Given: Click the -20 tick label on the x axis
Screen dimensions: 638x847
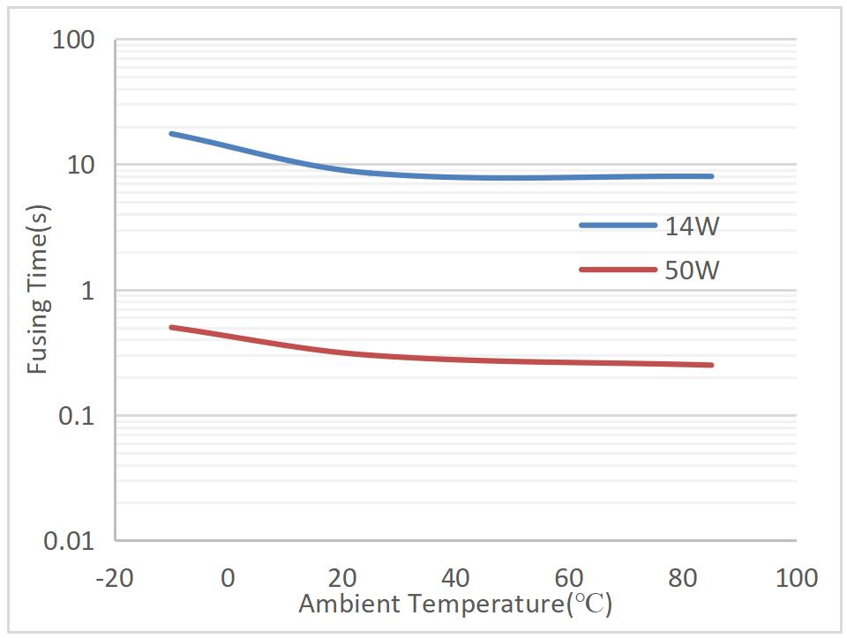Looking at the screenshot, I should pos(115,578).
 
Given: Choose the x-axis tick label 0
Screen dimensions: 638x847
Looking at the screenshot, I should pos(229,578).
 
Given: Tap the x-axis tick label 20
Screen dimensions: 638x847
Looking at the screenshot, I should pos(342,578).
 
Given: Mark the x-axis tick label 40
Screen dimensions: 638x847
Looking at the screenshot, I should pos(456,578).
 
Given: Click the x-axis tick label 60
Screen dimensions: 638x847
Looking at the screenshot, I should pos(570,578).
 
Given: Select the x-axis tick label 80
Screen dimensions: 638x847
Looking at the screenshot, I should pos(684,578).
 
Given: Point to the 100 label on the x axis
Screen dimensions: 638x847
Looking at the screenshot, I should pos(797,578).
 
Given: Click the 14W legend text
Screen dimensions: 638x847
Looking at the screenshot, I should pos(693,226).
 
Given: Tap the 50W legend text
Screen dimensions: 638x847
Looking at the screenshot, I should pos(693,270).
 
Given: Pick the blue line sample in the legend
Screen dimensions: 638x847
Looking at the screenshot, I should pos(618,226).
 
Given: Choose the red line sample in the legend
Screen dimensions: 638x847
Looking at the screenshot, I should pos(618,269).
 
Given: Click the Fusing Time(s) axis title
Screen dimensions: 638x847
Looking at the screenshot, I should pos(38,291).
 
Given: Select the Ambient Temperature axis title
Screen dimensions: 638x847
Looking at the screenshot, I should pos(455,605).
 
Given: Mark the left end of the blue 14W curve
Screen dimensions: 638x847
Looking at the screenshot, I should pos(171,134).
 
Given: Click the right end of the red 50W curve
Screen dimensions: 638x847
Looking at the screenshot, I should pos(711,365).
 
